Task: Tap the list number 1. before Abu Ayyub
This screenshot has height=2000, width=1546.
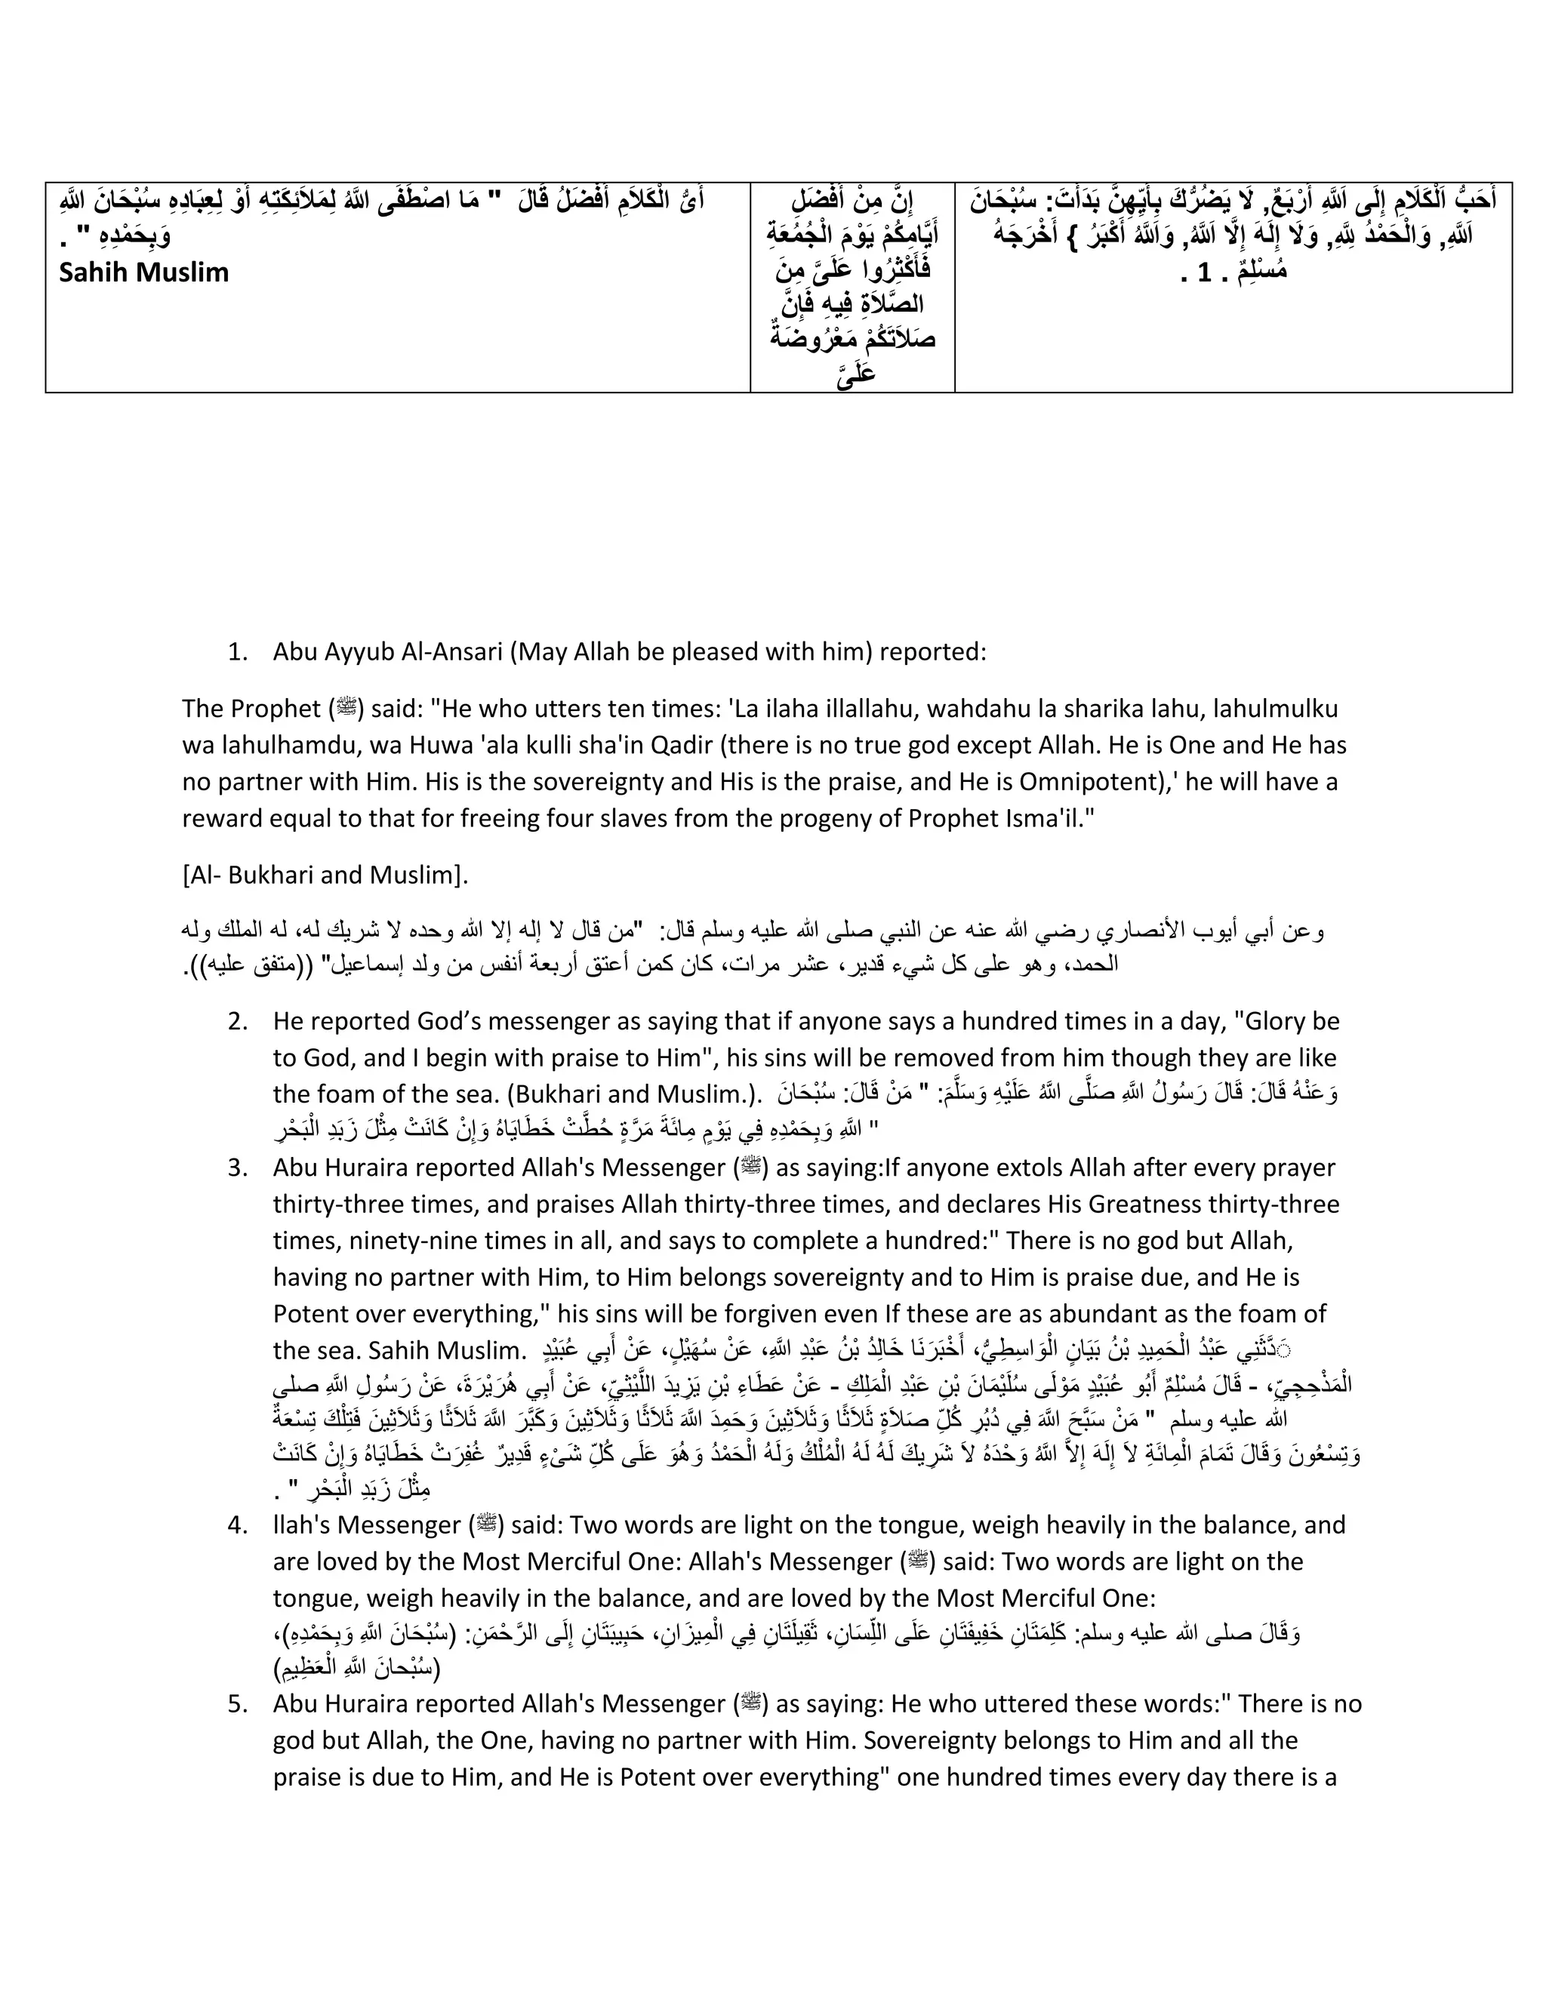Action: click(x=237, y=652)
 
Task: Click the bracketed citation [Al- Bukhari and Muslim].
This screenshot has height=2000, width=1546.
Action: click(x=325, y=875)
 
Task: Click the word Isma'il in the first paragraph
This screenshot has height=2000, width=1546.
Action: click(x=1052, y=819)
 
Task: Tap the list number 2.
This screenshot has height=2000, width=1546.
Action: click(x=237, y=1021)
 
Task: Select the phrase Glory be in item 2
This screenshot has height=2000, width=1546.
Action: click(x=1287, y=1021)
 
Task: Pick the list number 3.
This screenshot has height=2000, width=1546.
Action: click(x=237, y=1168)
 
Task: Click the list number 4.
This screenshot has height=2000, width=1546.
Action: click(x=237, y=1525)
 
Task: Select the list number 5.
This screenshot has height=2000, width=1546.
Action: click(x=237, y=1704)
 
